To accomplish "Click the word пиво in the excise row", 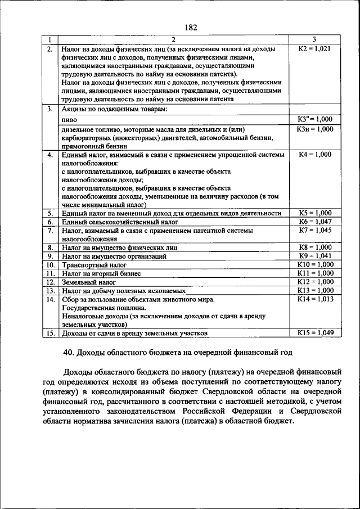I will click(x=69, y=120).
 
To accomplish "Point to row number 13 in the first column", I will click(x=50, y=291).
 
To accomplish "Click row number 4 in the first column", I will click(x=50, y=154).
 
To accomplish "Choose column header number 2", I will click(x=173, y=39).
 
